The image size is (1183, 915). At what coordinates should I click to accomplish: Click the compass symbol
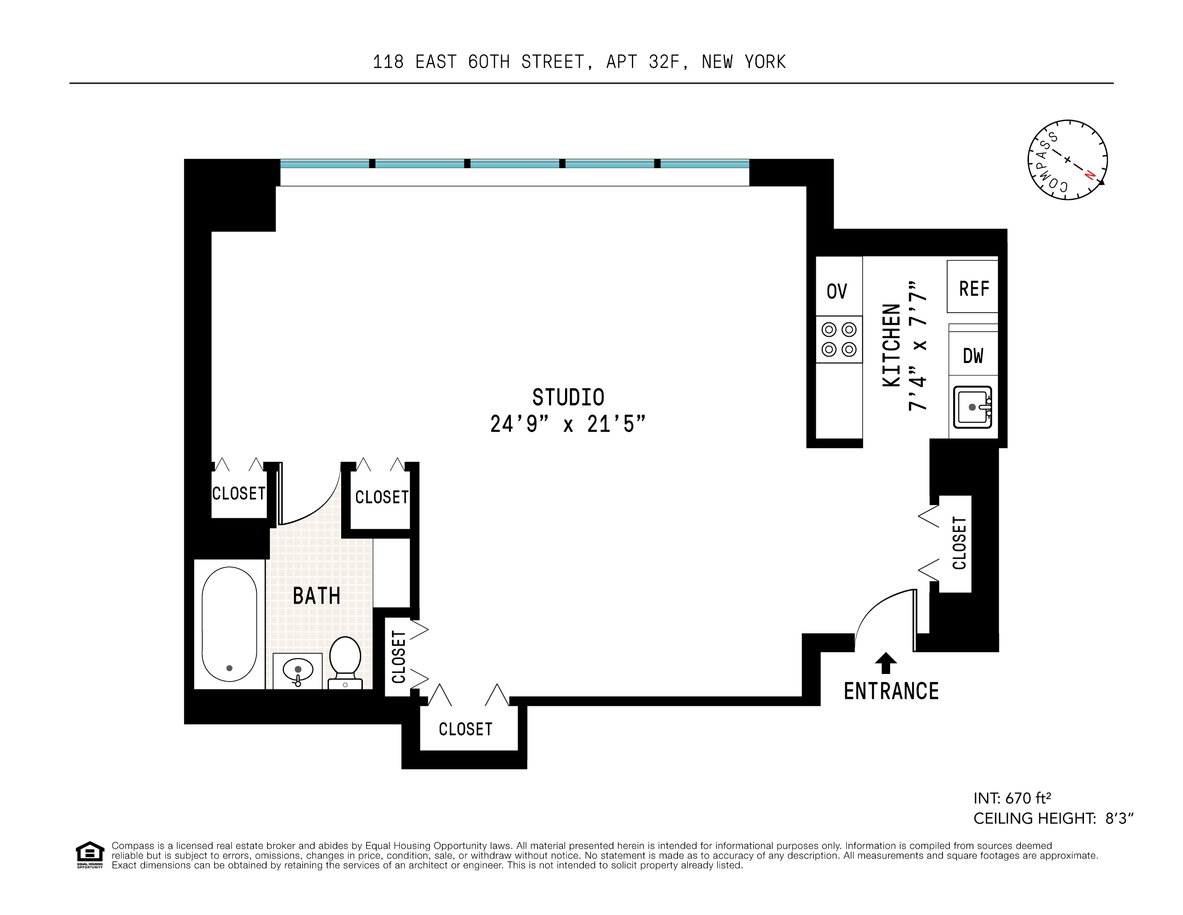[x=1067, y=160]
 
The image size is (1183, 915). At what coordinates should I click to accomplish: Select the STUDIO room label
[x=568, y=397]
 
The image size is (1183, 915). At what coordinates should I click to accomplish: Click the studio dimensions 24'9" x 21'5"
[x=568, y=424]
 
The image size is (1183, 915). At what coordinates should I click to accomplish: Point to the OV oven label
[x=836, y=291]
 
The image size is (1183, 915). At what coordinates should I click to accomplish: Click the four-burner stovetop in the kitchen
[x=838, y=339]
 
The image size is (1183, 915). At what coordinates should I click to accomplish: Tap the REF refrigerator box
[x=973, y=288]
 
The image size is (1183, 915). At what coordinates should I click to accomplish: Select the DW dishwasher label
[x=973, y=356]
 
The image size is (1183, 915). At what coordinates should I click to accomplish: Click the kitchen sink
[x=972, y=407]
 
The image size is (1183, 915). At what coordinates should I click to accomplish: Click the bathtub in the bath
[x=229, y=624]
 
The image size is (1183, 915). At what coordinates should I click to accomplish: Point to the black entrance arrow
[x=885, y=663]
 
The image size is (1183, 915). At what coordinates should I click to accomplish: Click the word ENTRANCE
[x=891, y=691]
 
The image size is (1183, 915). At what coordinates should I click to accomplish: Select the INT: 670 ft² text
[x=1012, y=798]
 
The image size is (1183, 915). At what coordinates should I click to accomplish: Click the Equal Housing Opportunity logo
[x=89, y=855]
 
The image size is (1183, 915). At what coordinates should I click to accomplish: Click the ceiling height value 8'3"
[x=1119, y=818]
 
